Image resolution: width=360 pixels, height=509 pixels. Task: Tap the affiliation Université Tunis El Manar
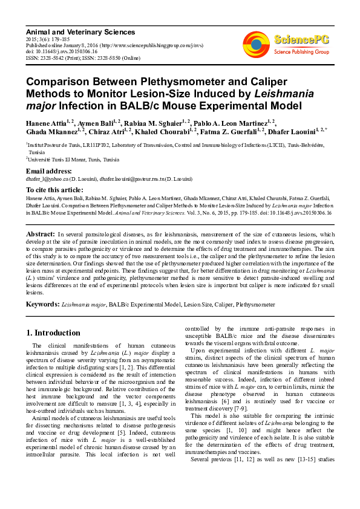(x=67, y=160)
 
